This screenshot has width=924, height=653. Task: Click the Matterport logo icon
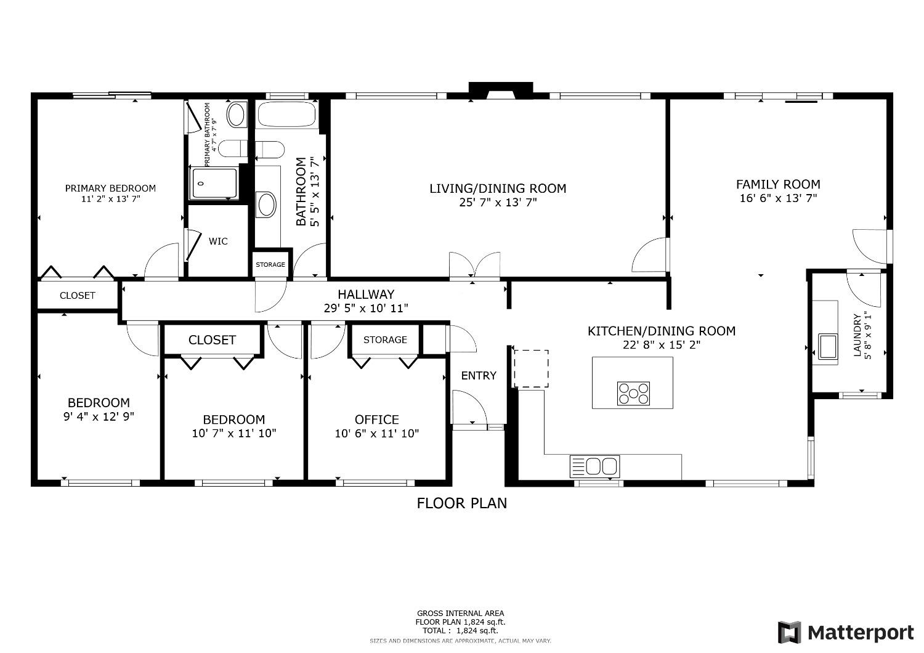(x=789, y=633)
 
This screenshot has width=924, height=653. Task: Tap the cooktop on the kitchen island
(x=634, y=393)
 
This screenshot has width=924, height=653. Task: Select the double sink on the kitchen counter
(x=595, y=466)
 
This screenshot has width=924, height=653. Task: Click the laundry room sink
(x=827, y=345)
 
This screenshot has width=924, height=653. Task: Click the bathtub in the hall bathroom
(x=286, y=115)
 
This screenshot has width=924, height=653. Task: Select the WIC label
(x=218, y=241)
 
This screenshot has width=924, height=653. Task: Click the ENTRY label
(x=479, y=376)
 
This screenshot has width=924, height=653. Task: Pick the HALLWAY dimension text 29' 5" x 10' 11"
(x=366, y=309)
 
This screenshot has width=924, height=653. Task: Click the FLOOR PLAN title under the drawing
(x=462, y=503)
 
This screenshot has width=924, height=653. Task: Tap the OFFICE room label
(x=376, y=420)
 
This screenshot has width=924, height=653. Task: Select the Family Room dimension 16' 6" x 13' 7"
(x=778, y=198)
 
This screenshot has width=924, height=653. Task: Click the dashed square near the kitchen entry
(x=531, y=369)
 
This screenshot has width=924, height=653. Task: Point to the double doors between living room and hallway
(x=474, y=266)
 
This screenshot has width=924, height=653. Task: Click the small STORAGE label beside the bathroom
(x=270, y=265)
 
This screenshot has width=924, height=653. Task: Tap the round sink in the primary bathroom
(x=236, y=114)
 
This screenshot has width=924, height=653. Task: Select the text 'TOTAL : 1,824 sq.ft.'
(x=460, y=631)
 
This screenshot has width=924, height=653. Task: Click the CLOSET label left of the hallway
(x=78, y=296)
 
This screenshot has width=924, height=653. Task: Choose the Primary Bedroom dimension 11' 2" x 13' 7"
(x=110, y=199)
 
